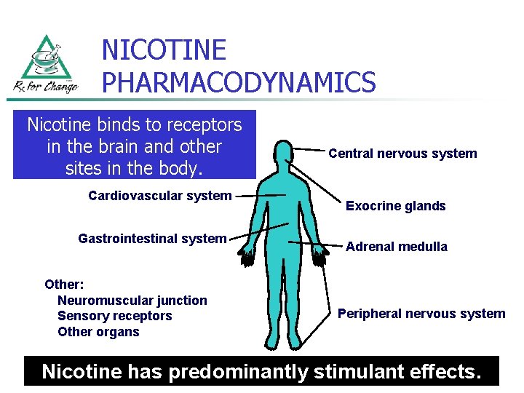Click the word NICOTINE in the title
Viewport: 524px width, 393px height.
164,50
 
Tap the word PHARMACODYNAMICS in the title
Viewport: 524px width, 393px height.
239,82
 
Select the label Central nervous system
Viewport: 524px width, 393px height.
402,154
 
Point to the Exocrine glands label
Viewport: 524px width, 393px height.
395,206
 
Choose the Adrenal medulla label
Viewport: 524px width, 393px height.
397,247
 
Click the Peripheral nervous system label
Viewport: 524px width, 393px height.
421,314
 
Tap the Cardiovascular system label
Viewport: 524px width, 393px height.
159,195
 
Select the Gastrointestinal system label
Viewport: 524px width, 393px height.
152,238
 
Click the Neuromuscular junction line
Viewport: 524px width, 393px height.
132,301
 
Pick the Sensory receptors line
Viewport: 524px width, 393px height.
114,316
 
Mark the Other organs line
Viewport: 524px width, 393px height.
98,332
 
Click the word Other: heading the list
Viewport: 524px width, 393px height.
64,285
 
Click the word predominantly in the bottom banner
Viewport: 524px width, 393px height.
239,371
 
